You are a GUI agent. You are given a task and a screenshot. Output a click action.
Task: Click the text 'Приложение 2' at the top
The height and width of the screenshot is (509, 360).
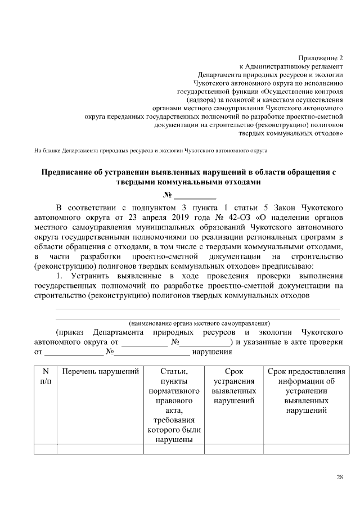[320, 58]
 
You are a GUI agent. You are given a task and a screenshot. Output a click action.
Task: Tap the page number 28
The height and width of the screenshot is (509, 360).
[339, 478]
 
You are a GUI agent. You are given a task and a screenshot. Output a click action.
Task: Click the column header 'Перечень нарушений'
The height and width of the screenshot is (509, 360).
[100, 372]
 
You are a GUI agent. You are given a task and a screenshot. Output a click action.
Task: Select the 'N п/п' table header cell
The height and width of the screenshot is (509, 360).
[46, 376]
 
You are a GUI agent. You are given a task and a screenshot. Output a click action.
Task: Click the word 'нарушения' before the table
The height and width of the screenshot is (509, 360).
[213, 352]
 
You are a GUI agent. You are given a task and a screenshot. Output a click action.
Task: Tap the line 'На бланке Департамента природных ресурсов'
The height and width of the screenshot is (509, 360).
[150, 151]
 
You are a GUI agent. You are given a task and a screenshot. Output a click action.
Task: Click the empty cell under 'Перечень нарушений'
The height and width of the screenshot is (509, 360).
[100, 448]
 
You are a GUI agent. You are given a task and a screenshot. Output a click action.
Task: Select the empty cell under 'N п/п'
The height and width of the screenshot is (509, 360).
[46, 448]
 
